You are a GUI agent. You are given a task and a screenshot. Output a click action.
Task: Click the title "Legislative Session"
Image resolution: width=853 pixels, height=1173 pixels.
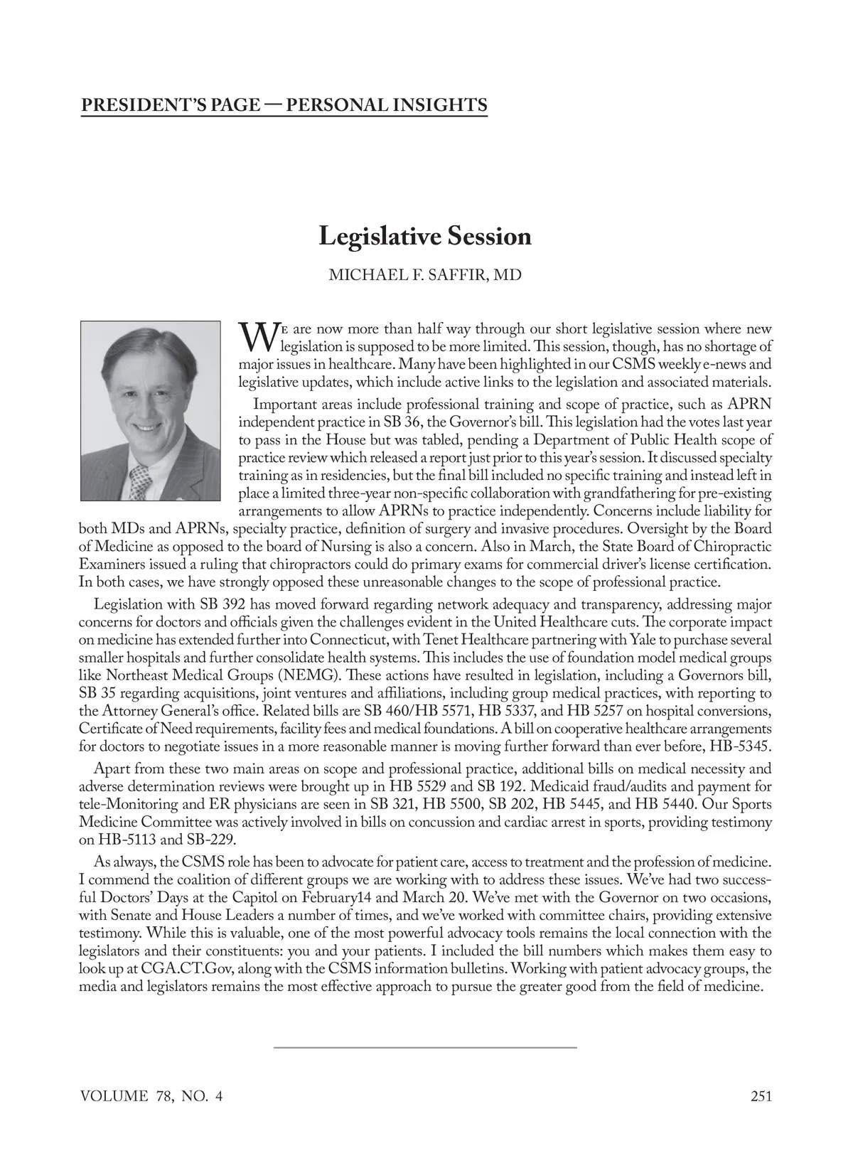(425, 236)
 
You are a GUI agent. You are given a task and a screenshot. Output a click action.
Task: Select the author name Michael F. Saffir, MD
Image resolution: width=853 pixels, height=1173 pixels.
(425, 274)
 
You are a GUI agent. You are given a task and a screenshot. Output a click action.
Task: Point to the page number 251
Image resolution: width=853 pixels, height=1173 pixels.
(761, 1096)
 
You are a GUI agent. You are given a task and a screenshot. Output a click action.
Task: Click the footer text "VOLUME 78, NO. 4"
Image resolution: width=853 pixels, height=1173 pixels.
(152, 1096)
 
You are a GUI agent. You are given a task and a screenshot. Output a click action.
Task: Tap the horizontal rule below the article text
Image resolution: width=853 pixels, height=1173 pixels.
(425, 1047)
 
